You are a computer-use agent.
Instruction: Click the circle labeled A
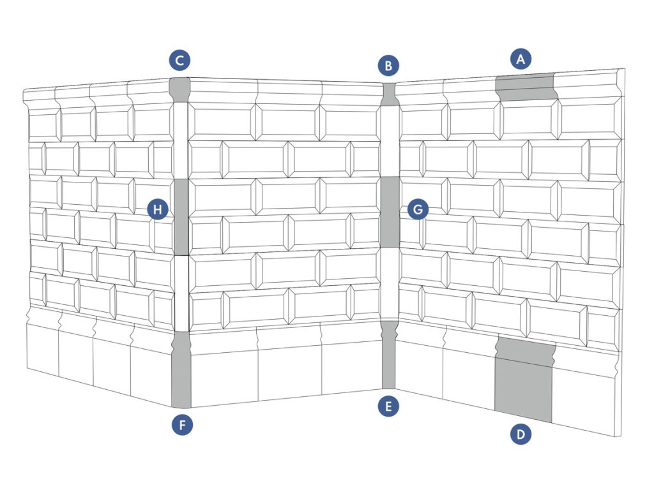(521, 59)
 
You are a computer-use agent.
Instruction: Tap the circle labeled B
(388, 64)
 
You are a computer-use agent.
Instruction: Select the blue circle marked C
(180, 61)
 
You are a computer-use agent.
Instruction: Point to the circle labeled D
(521, 434)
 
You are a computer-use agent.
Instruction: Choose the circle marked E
(388, 406)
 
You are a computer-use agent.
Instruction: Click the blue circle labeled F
(182, 425)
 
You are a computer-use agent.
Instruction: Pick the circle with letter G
(417, 209)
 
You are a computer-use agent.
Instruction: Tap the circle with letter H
(158, 209)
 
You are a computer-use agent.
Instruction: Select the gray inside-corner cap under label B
(389, 94)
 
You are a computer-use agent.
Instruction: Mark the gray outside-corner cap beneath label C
(179, 89)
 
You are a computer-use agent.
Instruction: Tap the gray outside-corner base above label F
(181, 370)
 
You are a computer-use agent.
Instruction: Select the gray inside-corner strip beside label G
(389, 212)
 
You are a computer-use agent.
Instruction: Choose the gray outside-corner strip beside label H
(181, 217)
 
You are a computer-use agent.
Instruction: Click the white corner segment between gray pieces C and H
(181, 140)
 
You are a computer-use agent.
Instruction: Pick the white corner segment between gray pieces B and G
(389, 142)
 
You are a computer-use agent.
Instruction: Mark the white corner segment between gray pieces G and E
(389, 284)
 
